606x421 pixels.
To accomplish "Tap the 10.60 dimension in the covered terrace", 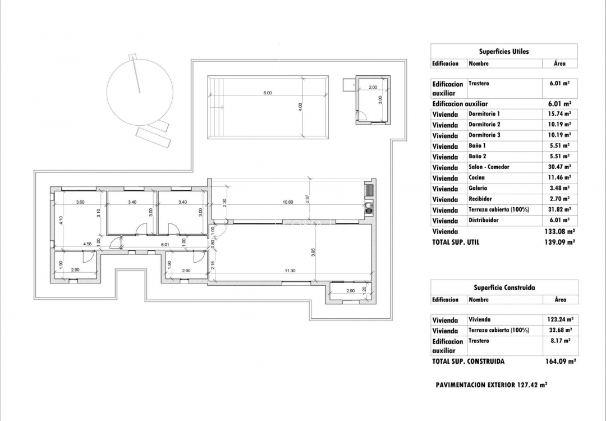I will pos(287,202).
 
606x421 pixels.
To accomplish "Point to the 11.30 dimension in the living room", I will pos(290,271).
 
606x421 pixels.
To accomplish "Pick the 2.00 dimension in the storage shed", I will pos(373,88).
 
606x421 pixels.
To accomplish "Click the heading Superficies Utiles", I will pos(503,51).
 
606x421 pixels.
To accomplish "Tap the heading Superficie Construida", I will pos(503,287).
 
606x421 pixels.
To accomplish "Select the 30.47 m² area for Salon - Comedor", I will pos(559,167).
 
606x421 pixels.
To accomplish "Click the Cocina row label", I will pos(476,178).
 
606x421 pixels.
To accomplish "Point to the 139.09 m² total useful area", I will pos(559,242).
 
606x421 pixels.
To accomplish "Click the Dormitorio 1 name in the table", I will pos(484,114).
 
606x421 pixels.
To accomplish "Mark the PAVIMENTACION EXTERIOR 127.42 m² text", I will pos(491,385).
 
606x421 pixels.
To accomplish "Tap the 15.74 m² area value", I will pos(559,114).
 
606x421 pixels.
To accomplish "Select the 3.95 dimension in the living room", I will pos(313,253).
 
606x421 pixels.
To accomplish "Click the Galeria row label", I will pos(478,189).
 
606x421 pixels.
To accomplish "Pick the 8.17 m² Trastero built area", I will pos(559,341).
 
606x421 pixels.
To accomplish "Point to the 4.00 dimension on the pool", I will pos(300,106).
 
